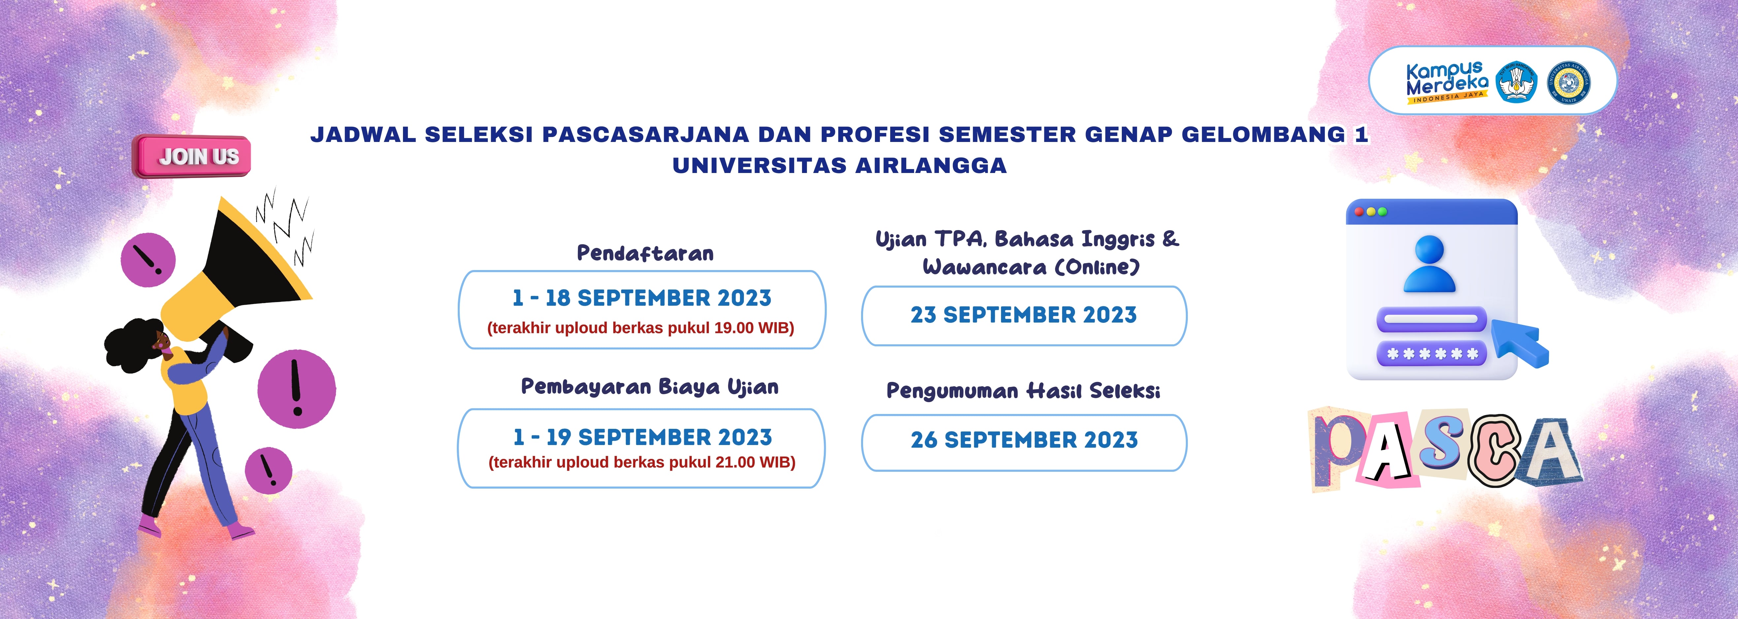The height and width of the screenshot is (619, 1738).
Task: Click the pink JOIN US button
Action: coord(192,156)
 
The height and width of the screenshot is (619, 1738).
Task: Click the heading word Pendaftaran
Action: coord(645,254)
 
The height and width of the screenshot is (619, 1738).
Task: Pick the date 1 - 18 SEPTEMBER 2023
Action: coord(642,298)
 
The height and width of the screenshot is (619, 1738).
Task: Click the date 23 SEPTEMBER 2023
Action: coord(1023,315)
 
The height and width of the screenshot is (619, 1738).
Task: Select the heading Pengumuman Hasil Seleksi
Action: coord(1023,391)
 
